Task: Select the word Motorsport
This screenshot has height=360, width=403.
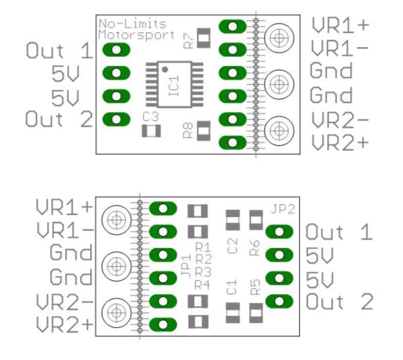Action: point(136,34)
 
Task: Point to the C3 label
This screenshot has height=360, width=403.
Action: point(150,116)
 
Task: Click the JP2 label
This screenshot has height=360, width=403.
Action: point(283,208)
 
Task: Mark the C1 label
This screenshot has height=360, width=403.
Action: point(232,288)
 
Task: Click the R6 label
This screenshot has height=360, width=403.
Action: point(255,246)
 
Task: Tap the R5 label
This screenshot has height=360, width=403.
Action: point(255,287)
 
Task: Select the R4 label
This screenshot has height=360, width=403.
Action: point(203,283)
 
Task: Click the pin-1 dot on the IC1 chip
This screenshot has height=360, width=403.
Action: point(165,69)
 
